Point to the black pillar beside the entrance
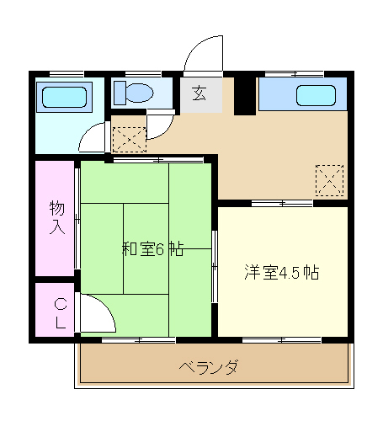[244, 94]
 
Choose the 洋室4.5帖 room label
[281, 272]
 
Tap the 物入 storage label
[56, 217]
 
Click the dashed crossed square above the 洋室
[329, 179]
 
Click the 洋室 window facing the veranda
[282, 339]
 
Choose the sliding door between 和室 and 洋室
[215, 265]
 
